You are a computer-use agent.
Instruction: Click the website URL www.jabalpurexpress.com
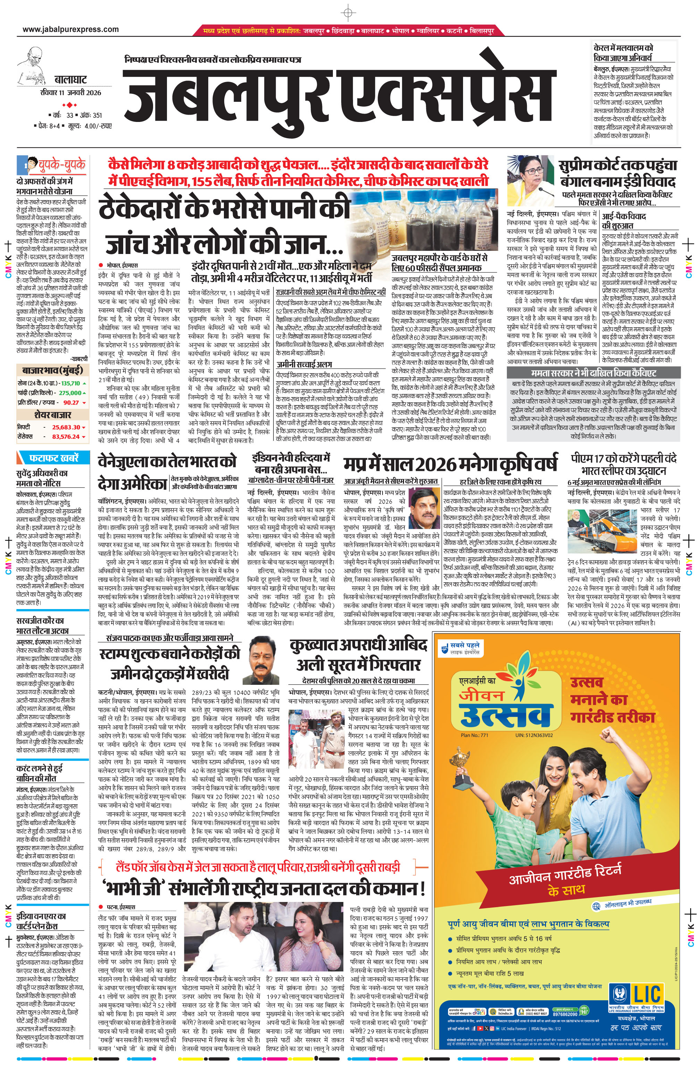click(71, 30)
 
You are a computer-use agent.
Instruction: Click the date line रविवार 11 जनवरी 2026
click(70, 93)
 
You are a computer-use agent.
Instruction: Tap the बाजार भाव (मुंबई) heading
click(52, 370)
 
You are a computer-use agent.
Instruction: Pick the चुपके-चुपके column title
click(61, 165)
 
